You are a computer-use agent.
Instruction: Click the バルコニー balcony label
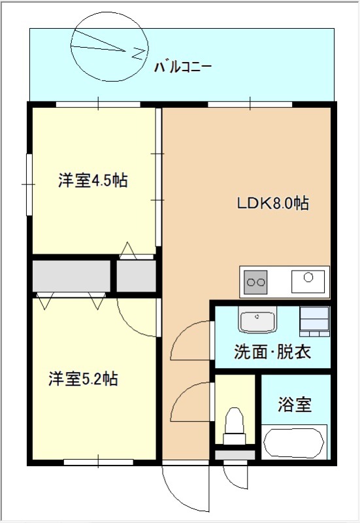pyautogui.click(x=182, y=67)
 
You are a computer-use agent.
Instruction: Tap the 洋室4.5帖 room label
pyautogui.click(x=93, y=180)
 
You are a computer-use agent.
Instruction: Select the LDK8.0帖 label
pyautogui.click(x=273, y=203)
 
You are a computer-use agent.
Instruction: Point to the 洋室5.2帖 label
pyautogui.click(x=83, y=379)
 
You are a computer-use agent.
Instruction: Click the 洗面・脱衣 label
pyautogui.click(x=272, y=352)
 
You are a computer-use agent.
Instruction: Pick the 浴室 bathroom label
pyautogui.click(x=295, y=404)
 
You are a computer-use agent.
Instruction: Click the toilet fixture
pyautogui.click(x=235, y=426)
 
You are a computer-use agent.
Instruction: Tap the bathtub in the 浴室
pyautogui.click(x=293, y=443)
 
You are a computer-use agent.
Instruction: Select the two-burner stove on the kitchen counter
pyautogui.click(x=255, y=282)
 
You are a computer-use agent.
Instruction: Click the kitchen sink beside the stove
pyautogui.click(x=308, y=282)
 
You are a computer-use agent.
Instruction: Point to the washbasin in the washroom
pyautogui.click(x=257, y=319)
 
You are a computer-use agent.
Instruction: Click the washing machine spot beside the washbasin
pyautogui.click(x=314, y=321)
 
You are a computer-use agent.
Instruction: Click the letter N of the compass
pyautogui.click(x=139, y=54)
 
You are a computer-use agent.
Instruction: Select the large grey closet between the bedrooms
pyautogui.click(x=71, y=276)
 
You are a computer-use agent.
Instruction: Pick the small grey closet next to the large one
pyautogui.click(x=136, y=276)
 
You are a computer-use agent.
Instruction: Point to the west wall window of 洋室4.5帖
pyautogui.click(x=29, y=184)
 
